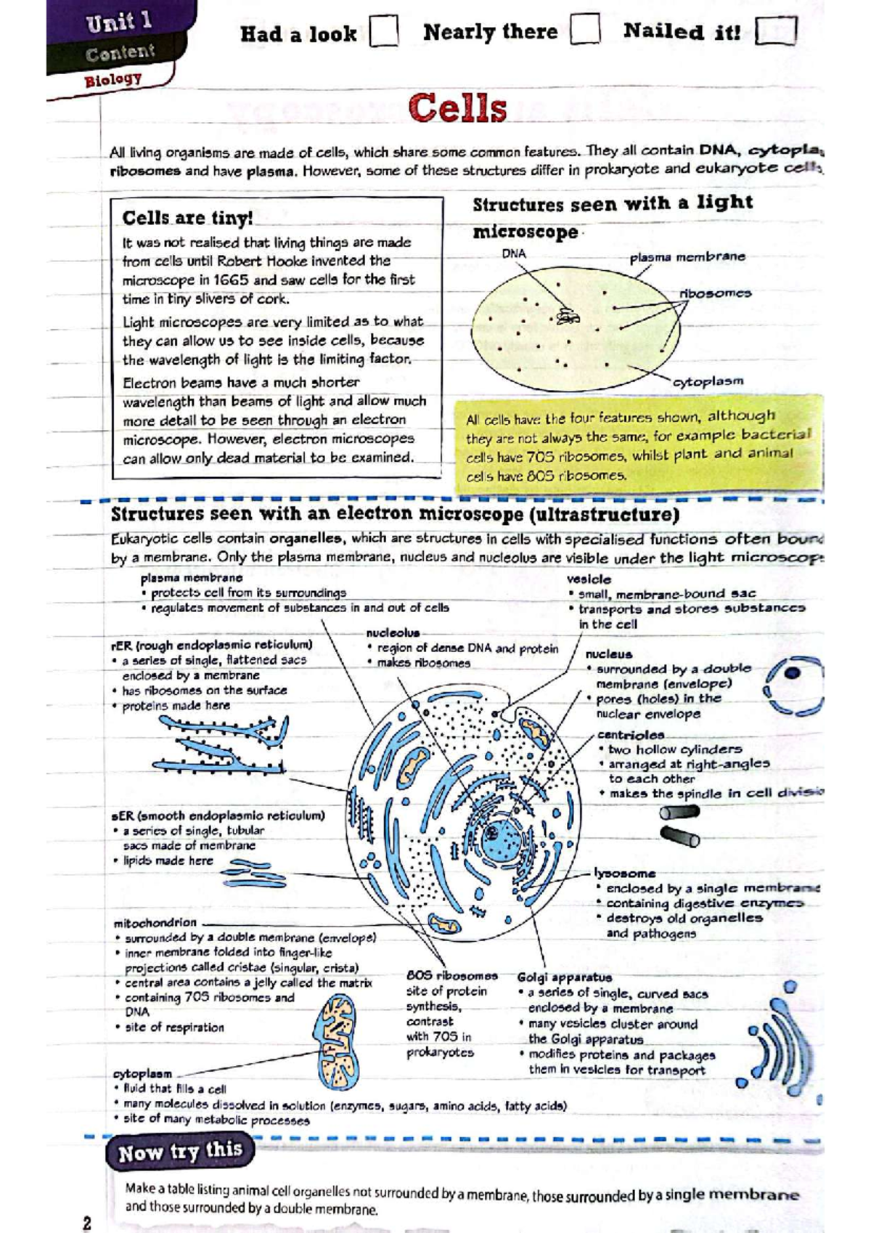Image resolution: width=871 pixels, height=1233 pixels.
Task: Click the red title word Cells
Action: click(457, 109)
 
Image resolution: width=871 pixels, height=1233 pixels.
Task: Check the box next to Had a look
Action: click(384, 33)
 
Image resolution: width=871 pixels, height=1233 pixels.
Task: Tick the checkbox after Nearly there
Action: click(585, 30)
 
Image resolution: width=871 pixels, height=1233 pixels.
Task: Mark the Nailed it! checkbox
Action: click(776, 32)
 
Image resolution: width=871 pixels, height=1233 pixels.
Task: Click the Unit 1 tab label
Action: click(119, 23)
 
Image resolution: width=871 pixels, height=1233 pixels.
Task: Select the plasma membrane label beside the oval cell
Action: click(687, 257)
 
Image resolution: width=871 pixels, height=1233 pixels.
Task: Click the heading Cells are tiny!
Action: click(187, 218)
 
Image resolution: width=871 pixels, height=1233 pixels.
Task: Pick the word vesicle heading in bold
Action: click(589, 579)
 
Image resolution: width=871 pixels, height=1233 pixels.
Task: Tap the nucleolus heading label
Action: click(392, 633)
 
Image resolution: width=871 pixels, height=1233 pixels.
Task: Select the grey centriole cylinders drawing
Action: click(679, 826)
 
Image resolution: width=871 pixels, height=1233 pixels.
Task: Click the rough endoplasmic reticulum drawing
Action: click(221, 744)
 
